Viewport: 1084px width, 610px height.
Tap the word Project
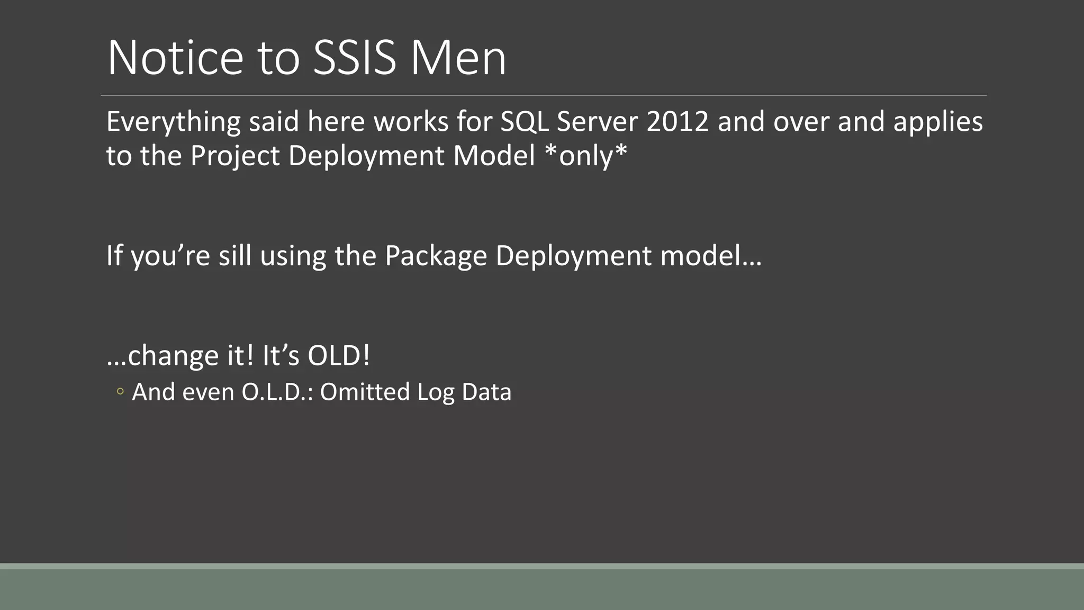pos(234,156)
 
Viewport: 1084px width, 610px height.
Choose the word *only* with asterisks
pos(586,156)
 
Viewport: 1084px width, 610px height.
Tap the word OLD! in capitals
pos(339,355)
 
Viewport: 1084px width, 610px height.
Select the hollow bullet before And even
pos(120,392)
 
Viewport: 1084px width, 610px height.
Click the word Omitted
pos(365,392)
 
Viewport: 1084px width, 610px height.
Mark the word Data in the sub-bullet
pos(486,392)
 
